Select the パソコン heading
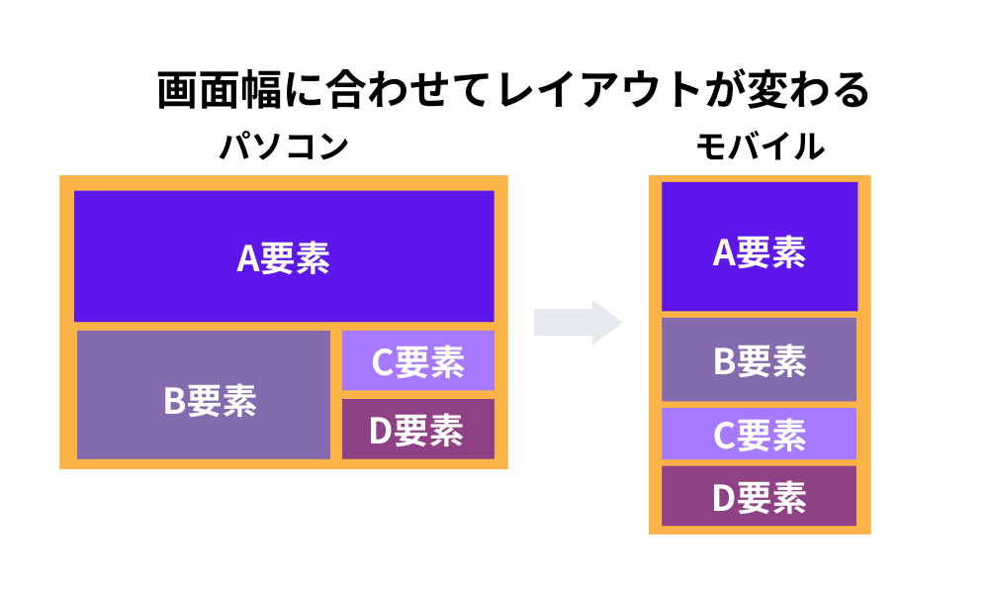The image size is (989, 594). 284,147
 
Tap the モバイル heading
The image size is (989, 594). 760,147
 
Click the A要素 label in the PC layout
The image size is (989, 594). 284,258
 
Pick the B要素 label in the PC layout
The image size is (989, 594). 210,401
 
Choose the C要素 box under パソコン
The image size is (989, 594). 417,361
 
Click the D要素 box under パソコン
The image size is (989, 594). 417,430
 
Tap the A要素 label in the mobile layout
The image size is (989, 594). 760,253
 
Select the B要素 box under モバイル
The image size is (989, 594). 760,359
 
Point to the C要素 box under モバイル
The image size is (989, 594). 760,435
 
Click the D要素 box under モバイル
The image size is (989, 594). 760,496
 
